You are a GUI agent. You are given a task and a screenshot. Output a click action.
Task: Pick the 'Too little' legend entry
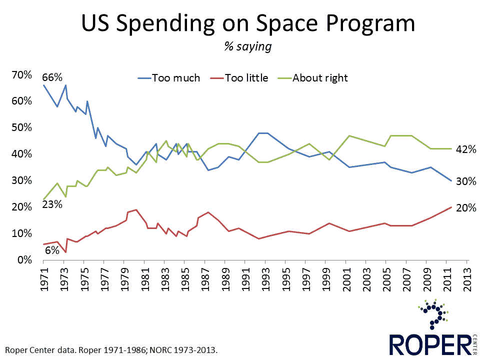point(246,78)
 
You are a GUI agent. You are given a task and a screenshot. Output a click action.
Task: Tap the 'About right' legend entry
point(320,78)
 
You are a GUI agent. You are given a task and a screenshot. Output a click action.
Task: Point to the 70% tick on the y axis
point(21,75)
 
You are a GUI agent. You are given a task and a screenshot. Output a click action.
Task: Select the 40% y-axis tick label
point(21,154)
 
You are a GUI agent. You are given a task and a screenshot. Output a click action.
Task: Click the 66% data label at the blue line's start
point(52,77)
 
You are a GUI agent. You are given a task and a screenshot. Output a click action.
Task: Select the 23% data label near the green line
point(51,204)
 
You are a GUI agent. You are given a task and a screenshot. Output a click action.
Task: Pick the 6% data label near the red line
point(52,250)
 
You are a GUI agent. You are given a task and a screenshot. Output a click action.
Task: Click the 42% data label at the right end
point(466,148)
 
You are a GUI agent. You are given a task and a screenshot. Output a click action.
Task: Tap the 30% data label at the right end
point(466,181)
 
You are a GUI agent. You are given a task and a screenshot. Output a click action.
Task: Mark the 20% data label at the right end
point(466,208)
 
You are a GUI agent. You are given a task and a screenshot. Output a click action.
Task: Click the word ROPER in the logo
point(428,345)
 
